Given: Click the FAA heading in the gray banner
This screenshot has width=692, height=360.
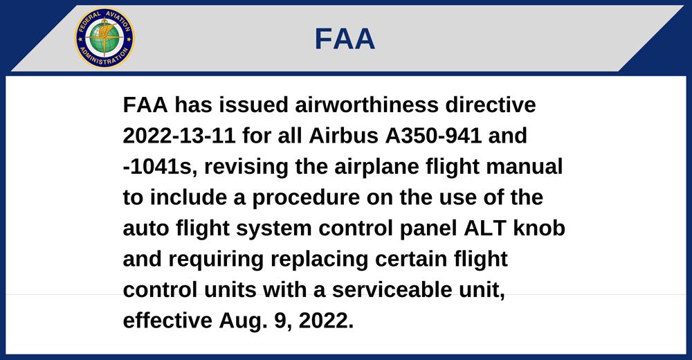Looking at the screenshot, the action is (345, 39).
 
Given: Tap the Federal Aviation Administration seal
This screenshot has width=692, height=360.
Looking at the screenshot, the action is (104, 37).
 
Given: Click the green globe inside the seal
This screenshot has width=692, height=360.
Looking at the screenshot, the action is (104, 37).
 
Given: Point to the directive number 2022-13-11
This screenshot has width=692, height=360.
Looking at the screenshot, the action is (179, 136).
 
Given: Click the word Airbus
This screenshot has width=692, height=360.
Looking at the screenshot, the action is (343, 136).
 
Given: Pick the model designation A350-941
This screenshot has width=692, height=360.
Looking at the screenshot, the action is (433, 136).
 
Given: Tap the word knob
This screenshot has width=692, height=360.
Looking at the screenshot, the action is (539, 228).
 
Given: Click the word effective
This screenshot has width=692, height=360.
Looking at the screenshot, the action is (167, 321).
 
